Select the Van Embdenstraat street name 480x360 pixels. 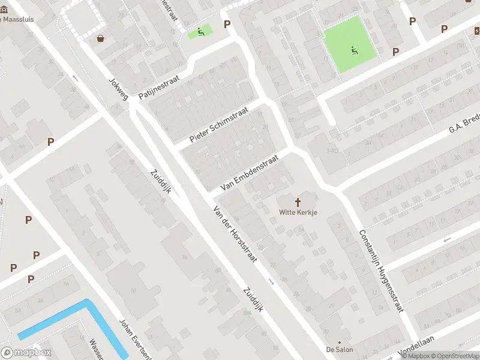[249, 173]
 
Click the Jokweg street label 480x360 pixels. [118, 89]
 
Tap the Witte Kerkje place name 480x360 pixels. [298, 212]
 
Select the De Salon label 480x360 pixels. [340, 349]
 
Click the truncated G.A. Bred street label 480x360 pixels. [465, 126]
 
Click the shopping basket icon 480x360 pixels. [101, 38]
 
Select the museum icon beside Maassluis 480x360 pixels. [2, 19]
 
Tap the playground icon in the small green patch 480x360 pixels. [200, 32]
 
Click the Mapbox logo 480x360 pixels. [26, 353]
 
